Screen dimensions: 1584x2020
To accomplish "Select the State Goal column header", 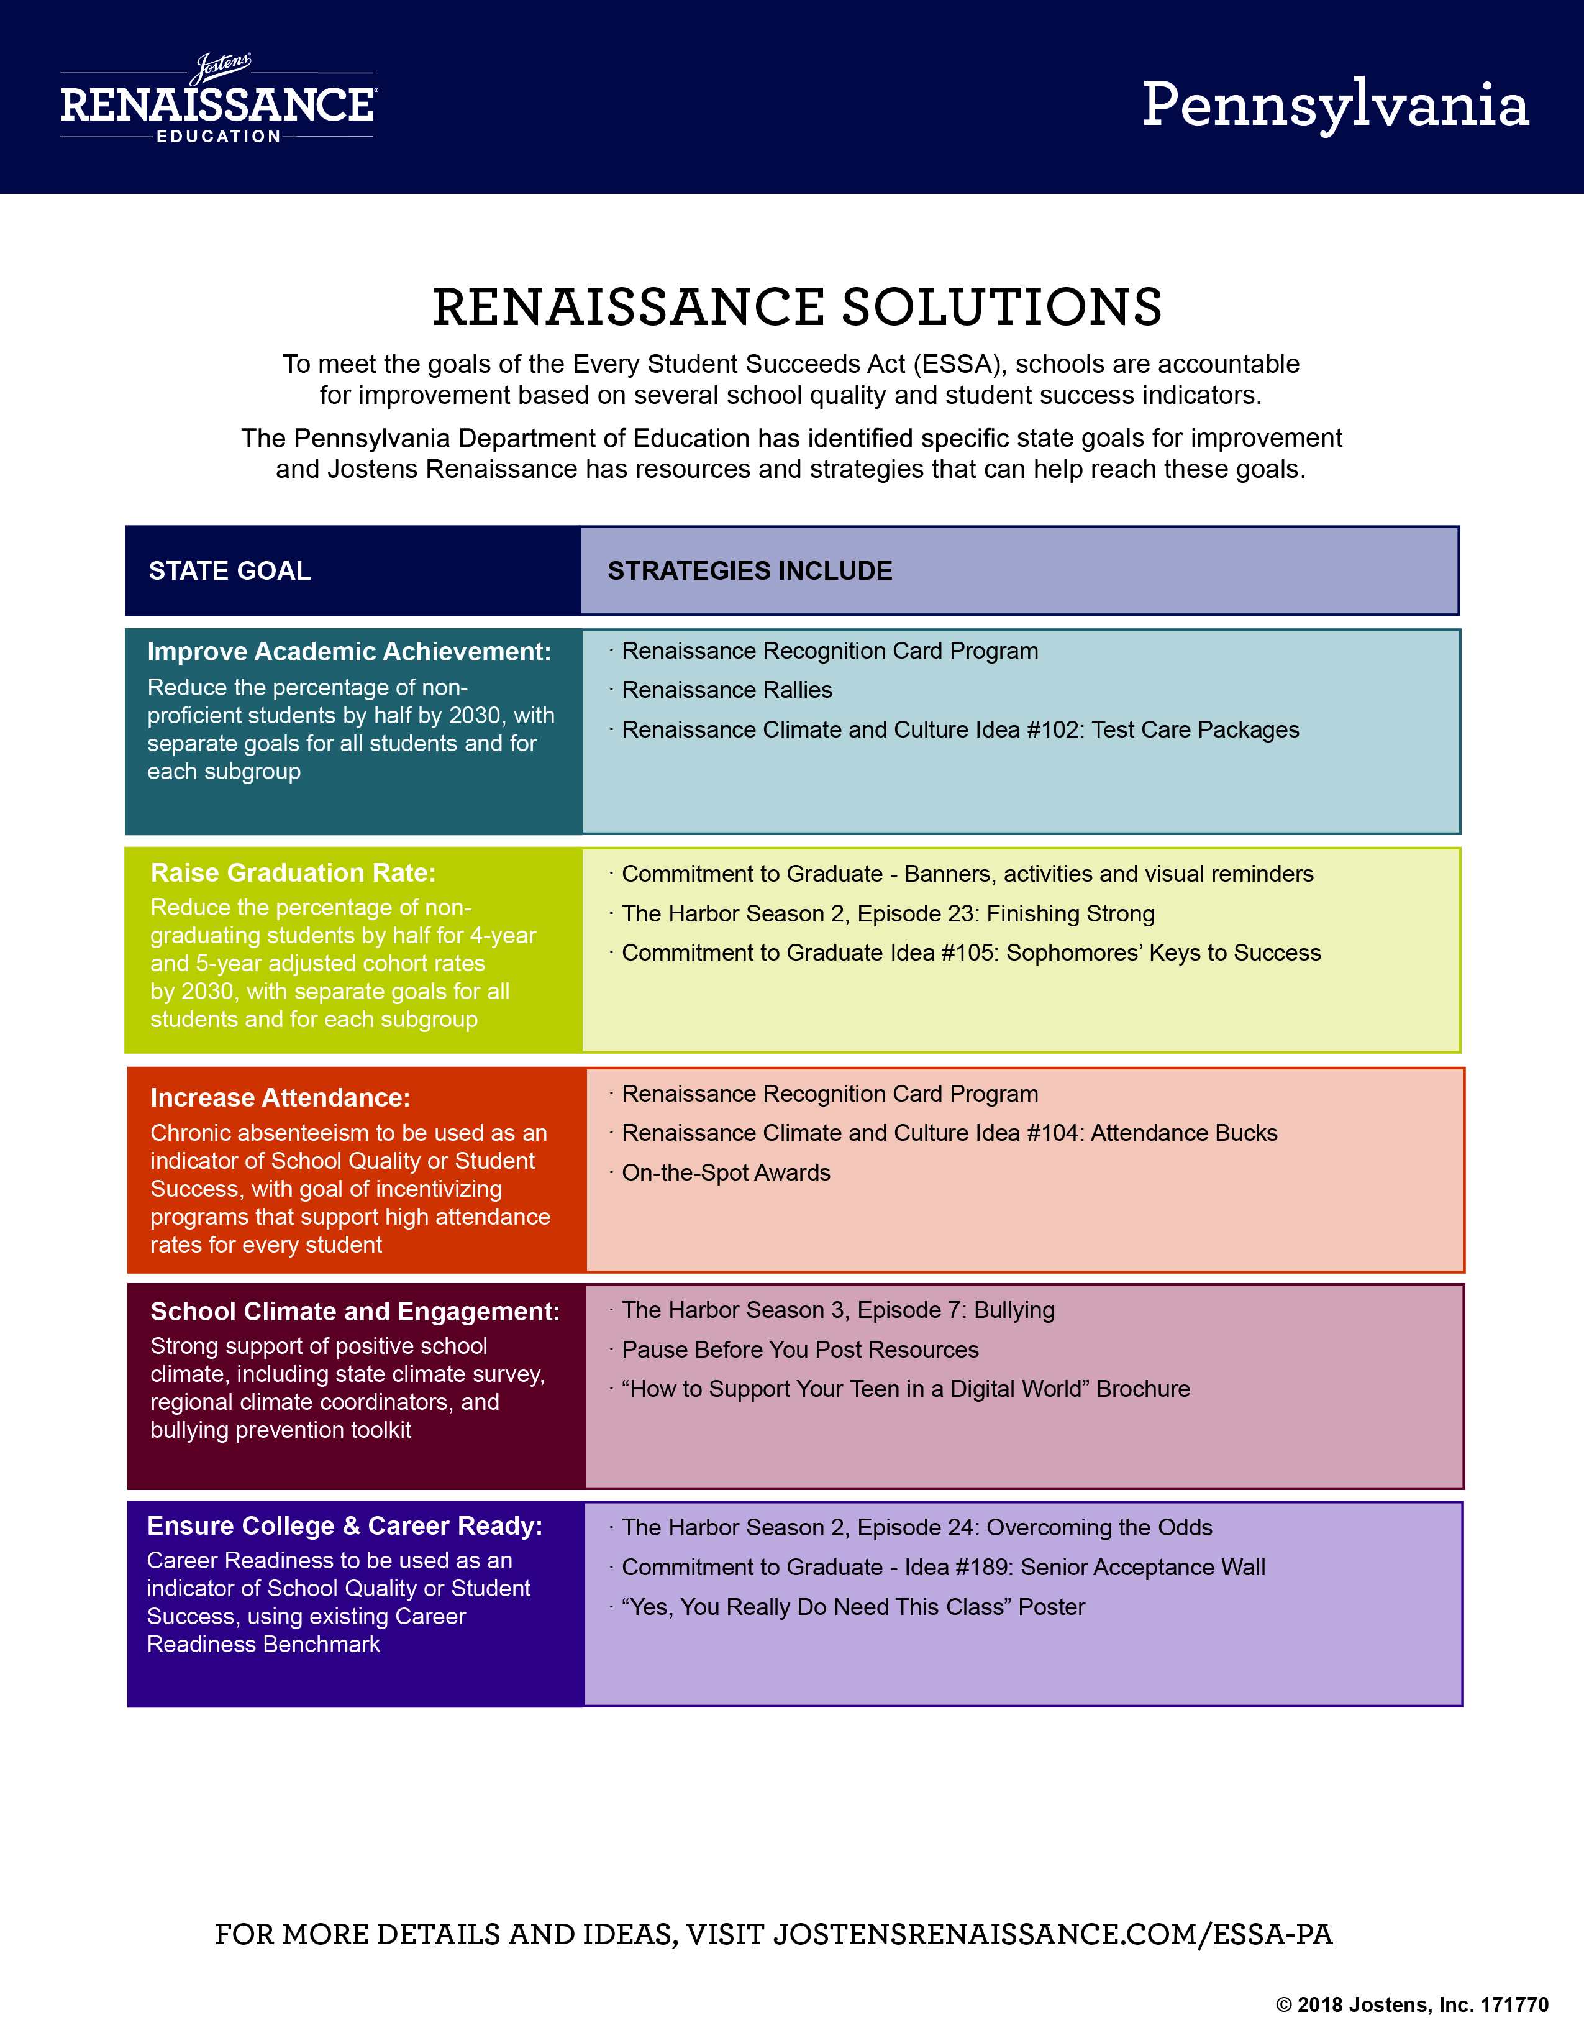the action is point(230,570).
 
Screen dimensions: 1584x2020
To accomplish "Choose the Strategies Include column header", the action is point(749,570).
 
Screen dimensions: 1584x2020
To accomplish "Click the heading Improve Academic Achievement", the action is point(348,652).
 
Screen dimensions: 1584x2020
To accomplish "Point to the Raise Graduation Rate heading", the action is point(293,873).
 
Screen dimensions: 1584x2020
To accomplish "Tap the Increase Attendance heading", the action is point(280,1097).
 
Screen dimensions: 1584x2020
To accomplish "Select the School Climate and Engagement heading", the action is point(355,1312).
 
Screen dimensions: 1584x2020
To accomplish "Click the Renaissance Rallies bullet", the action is point(727,690).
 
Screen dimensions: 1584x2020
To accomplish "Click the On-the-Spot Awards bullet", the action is point(726,1172).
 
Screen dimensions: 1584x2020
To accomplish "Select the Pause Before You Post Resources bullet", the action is point(800,1350).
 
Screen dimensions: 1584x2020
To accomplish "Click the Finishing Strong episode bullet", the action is point(888,913).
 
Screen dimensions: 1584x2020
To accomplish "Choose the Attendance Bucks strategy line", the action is point(950,1133).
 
